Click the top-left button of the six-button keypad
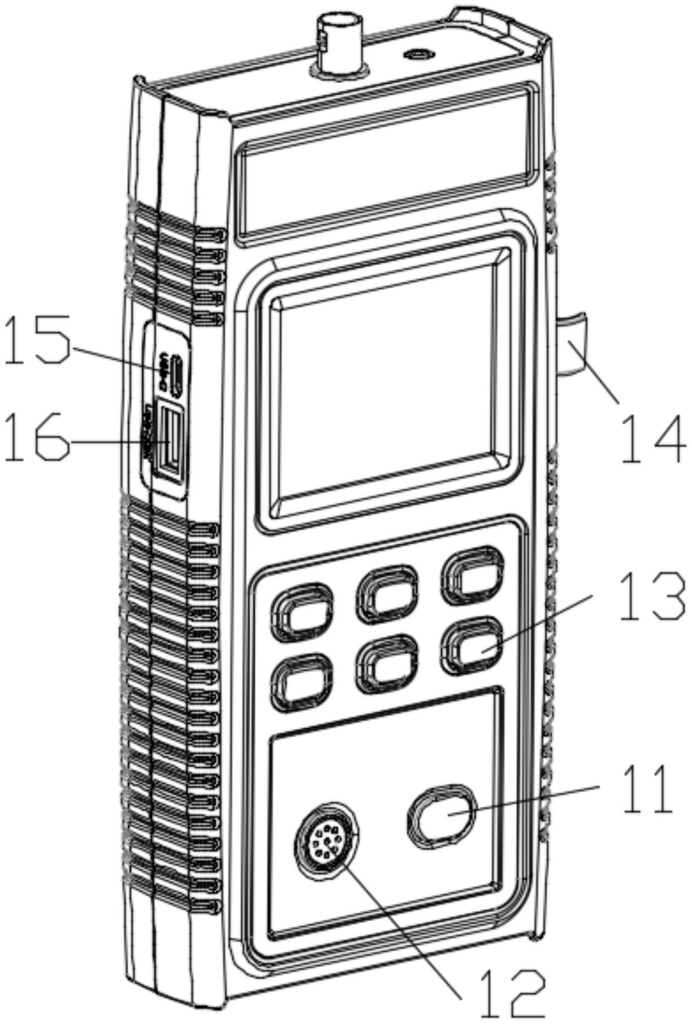(x=302, y=611)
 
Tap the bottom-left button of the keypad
(x=301, y=681)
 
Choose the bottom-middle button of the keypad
(x=387, y=663)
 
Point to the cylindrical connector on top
(x=337, y=42)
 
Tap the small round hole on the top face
(x=418, y=55)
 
